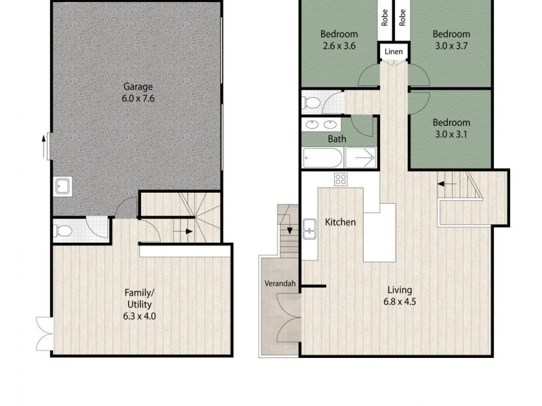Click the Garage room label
point(138,87)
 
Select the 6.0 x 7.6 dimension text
point(138,98)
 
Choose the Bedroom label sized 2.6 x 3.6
point(339,34)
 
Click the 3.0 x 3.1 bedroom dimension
point(451,134)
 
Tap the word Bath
point(337,139)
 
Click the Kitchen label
point(340,222)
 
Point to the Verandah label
point(280,284)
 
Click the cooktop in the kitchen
point(340,179)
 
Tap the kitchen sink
point(311,230)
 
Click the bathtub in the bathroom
point(323,158)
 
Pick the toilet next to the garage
point(63,231)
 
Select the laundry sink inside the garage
point(63,187)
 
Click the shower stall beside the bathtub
point(361,158)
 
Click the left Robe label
point(385,18)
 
